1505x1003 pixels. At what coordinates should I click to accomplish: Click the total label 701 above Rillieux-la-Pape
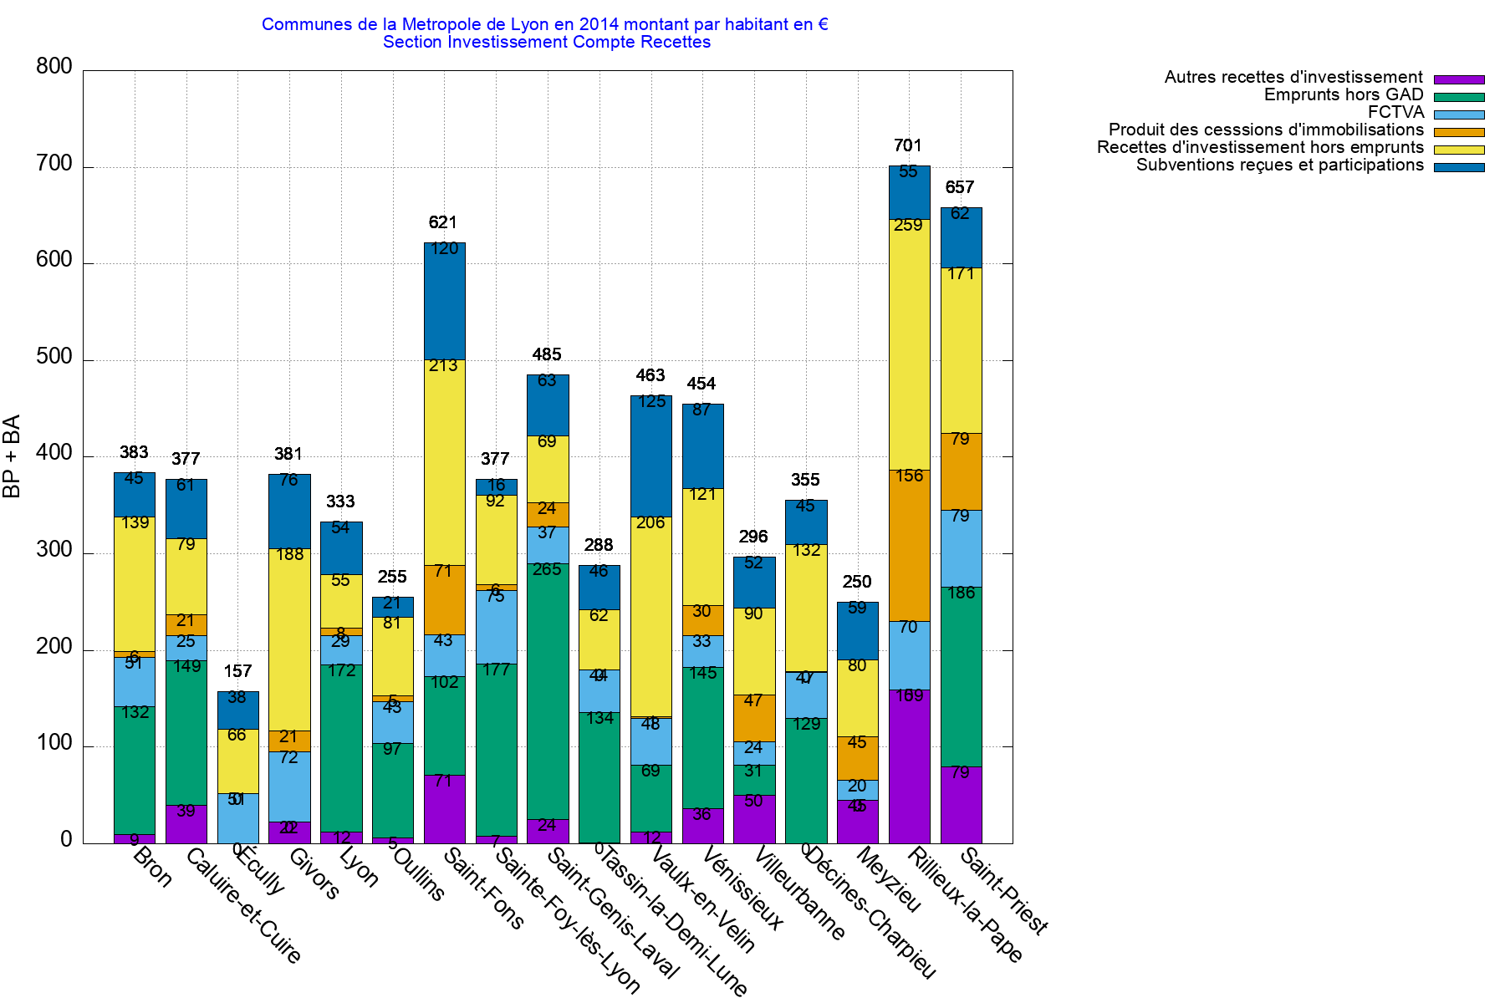coord(907,146)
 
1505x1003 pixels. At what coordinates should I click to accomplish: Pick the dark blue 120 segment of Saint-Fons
coord(444,301)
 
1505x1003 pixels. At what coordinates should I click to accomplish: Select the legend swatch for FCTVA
coord(1459,115)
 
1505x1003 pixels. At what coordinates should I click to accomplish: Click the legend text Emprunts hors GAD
coord(1343,95)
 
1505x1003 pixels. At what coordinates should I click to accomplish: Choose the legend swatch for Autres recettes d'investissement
coord(1459,79)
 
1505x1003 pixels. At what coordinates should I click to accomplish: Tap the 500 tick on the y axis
coord(54,358)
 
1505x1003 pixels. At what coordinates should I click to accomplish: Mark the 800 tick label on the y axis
coord(54,67)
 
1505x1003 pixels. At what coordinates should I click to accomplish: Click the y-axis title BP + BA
coord(12,456)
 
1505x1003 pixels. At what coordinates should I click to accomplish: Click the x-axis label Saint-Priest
coord(1004,891)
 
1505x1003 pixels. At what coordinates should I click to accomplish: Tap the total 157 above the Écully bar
coord(237,671)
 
